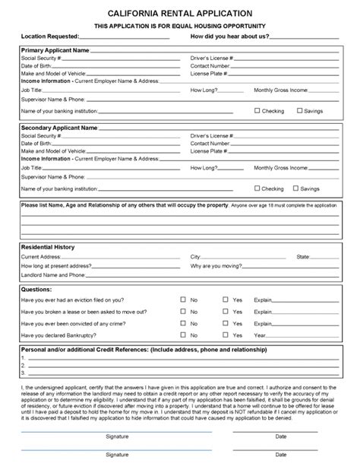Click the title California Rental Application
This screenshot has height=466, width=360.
pos(180,13)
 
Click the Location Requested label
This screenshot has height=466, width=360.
pos(50,36)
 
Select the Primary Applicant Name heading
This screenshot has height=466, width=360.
pos(55,49)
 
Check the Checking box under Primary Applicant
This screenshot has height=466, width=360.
pos(257,110)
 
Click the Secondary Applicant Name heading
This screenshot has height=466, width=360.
pos(58,128)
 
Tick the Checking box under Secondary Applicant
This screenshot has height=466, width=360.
pos(257,188)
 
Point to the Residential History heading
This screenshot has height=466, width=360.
pos(47,247)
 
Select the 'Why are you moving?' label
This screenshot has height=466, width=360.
pos(216,266)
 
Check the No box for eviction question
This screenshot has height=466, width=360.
pos(182,300)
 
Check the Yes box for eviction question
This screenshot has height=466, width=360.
pos(225,300)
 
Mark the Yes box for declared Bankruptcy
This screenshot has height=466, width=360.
pos(225,334)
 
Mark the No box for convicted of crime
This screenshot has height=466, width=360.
pos(182,322)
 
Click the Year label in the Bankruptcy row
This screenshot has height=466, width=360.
pos(260,334)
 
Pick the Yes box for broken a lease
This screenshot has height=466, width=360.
pos(225,311)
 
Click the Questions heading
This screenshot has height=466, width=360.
pos(36,289)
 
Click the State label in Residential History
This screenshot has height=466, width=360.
pos(303,257)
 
